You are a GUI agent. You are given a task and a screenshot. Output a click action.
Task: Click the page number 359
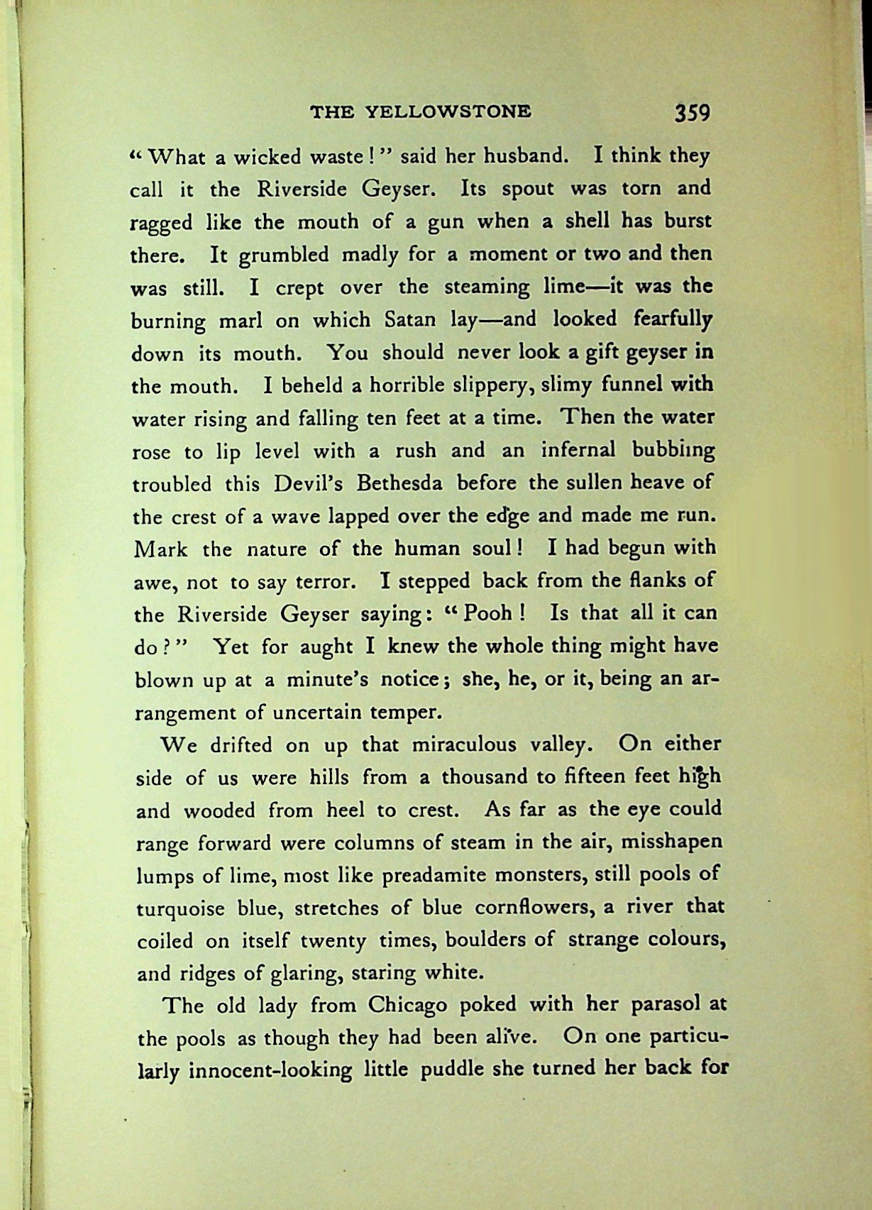[692, 112]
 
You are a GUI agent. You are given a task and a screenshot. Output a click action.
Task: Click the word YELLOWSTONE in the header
[448, 111]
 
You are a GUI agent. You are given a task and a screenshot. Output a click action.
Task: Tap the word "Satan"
[414, 320]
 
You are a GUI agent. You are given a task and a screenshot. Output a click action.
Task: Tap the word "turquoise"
[180, 909]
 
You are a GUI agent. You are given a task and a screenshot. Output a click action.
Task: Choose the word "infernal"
[578, 451]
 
